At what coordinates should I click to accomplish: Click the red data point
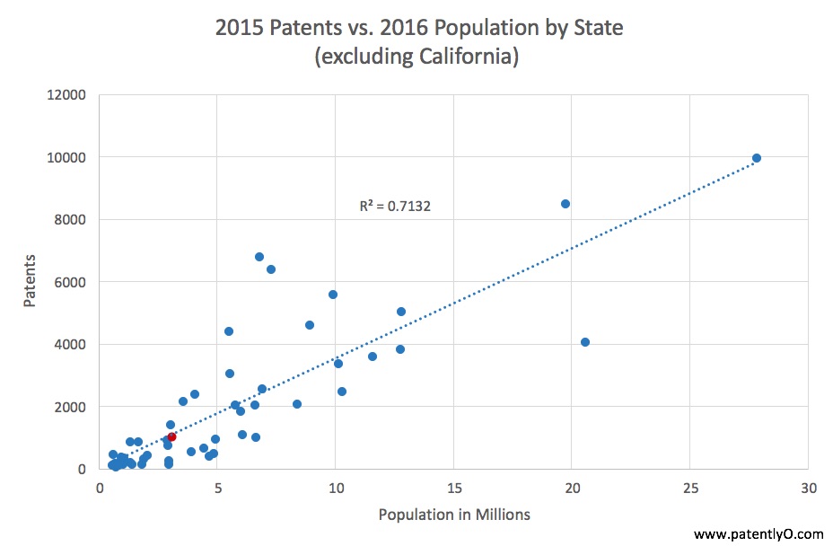click(171, 436)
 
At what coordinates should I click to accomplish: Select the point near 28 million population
click(757, 158)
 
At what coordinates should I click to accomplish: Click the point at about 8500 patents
click(566, 204)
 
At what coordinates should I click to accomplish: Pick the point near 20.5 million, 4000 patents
click(585, 342)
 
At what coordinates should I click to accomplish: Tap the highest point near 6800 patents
click(259, 257)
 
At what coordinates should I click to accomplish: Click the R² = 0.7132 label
click(395, 207)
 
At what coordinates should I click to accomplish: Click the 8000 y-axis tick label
click(70, 220)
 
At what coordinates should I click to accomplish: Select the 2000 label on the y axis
click(70, 407)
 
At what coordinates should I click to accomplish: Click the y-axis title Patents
click(30, 282)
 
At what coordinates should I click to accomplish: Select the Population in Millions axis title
click(454, 515)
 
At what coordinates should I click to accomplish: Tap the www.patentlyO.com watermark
click(758, 534)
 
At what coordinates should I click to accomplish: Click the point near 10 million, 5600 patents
click(333, 295)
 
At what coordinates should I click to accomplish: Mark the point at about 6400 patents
click(271, 269)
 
